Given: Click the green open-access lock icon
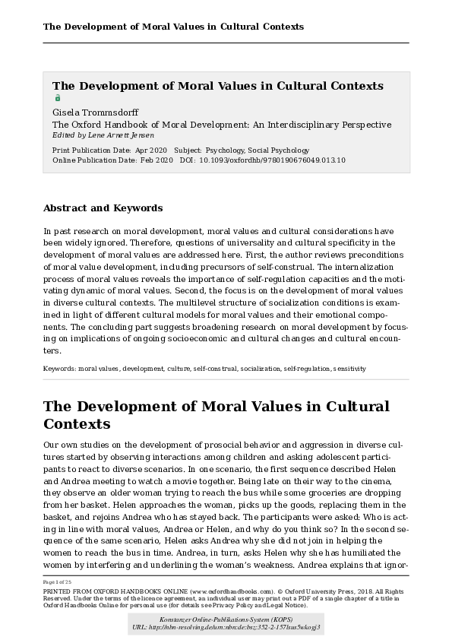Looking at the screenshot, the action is (x=57, y=98).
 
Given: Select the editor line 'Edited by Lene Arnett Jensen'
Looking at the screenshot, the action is (x=103, y=135).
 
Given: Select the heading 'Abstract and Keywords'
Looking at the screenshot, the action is (x=103, y=208).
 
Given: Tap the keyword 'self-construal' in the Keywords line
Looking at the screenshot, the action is (x=215, y=369).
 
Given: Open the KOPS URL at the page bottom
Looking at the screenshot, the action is (x=226, y=628).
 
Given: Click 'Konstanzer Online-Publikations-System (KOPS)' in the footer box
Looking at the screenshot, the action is (x=226, y=619).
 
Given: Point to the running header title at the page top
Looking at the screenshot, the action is (x=173, y=27).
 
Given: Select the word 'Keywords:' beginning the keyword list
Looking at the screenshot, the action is (x=59, y=369).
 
